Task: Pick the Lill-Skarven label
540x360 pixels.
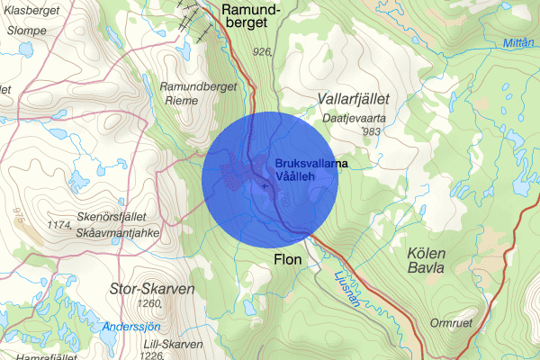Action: click(160, 343)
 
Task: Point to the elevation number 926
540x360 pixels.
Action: click(262, 52)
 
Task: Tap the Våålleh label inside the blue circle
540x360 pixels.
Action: click(298, 176)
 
